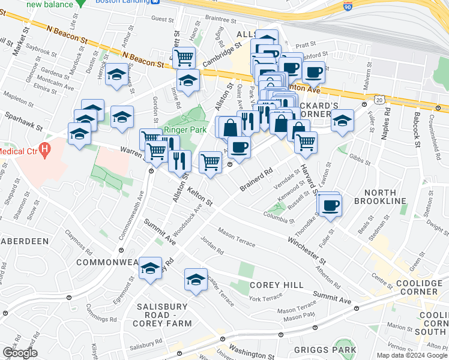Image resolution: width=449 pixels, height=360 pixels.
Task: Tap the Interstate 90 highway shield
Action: tap(348, 7)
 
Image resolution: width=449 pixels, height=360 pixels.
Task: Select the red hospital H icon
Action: tap(43, 148)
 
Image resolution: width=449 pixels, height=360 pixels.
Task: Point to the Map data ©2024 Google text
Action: tap(412, 355)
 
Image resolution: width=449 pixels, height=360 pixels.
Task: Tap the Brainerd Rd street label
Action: tap(256, 179)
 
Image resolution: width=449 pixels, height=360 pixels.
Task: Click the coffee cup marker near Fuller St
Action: tap(330, 205)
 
